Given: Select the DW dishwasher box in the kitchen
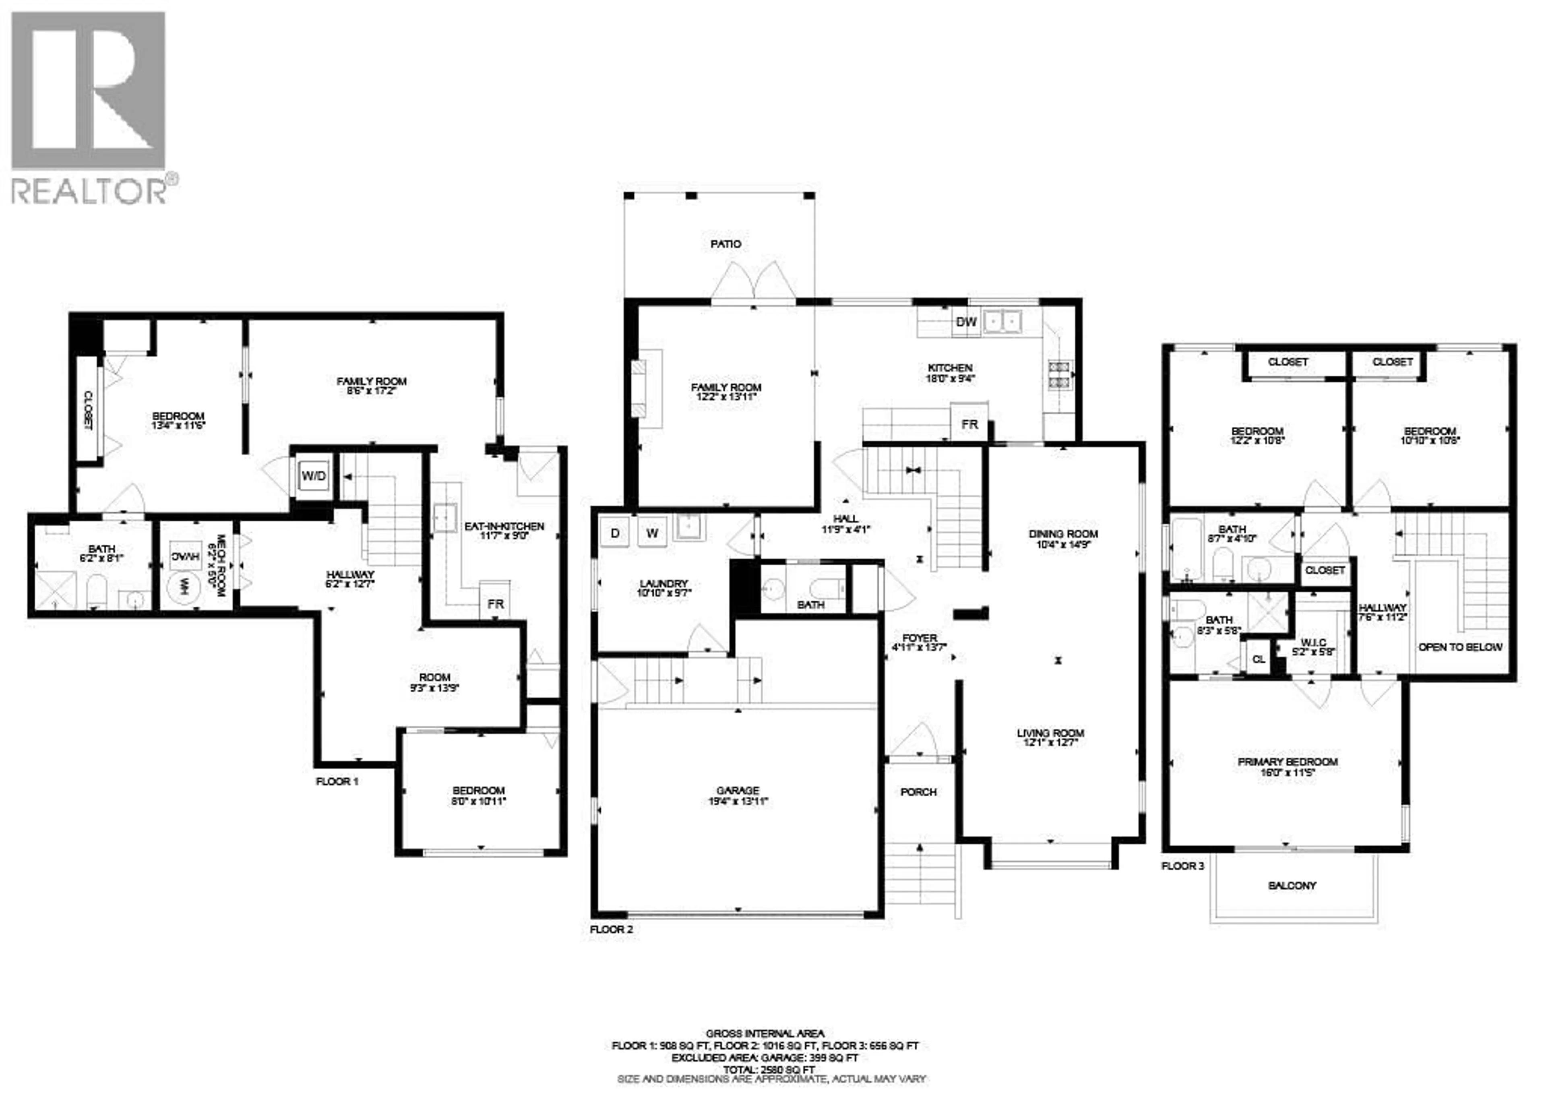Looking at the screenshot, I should (966, 322).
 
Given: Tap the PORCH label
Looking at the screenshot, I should (918, 792).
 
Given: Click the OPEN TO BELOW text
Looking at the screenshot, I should (1460, 647).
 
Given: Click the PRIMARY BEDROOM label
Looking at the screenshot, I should (1288, 762).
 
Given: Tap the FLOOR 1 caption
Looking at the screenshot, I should (337, 781).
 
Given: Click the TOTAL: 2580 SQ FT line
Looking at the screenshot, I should (768, 1069).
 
